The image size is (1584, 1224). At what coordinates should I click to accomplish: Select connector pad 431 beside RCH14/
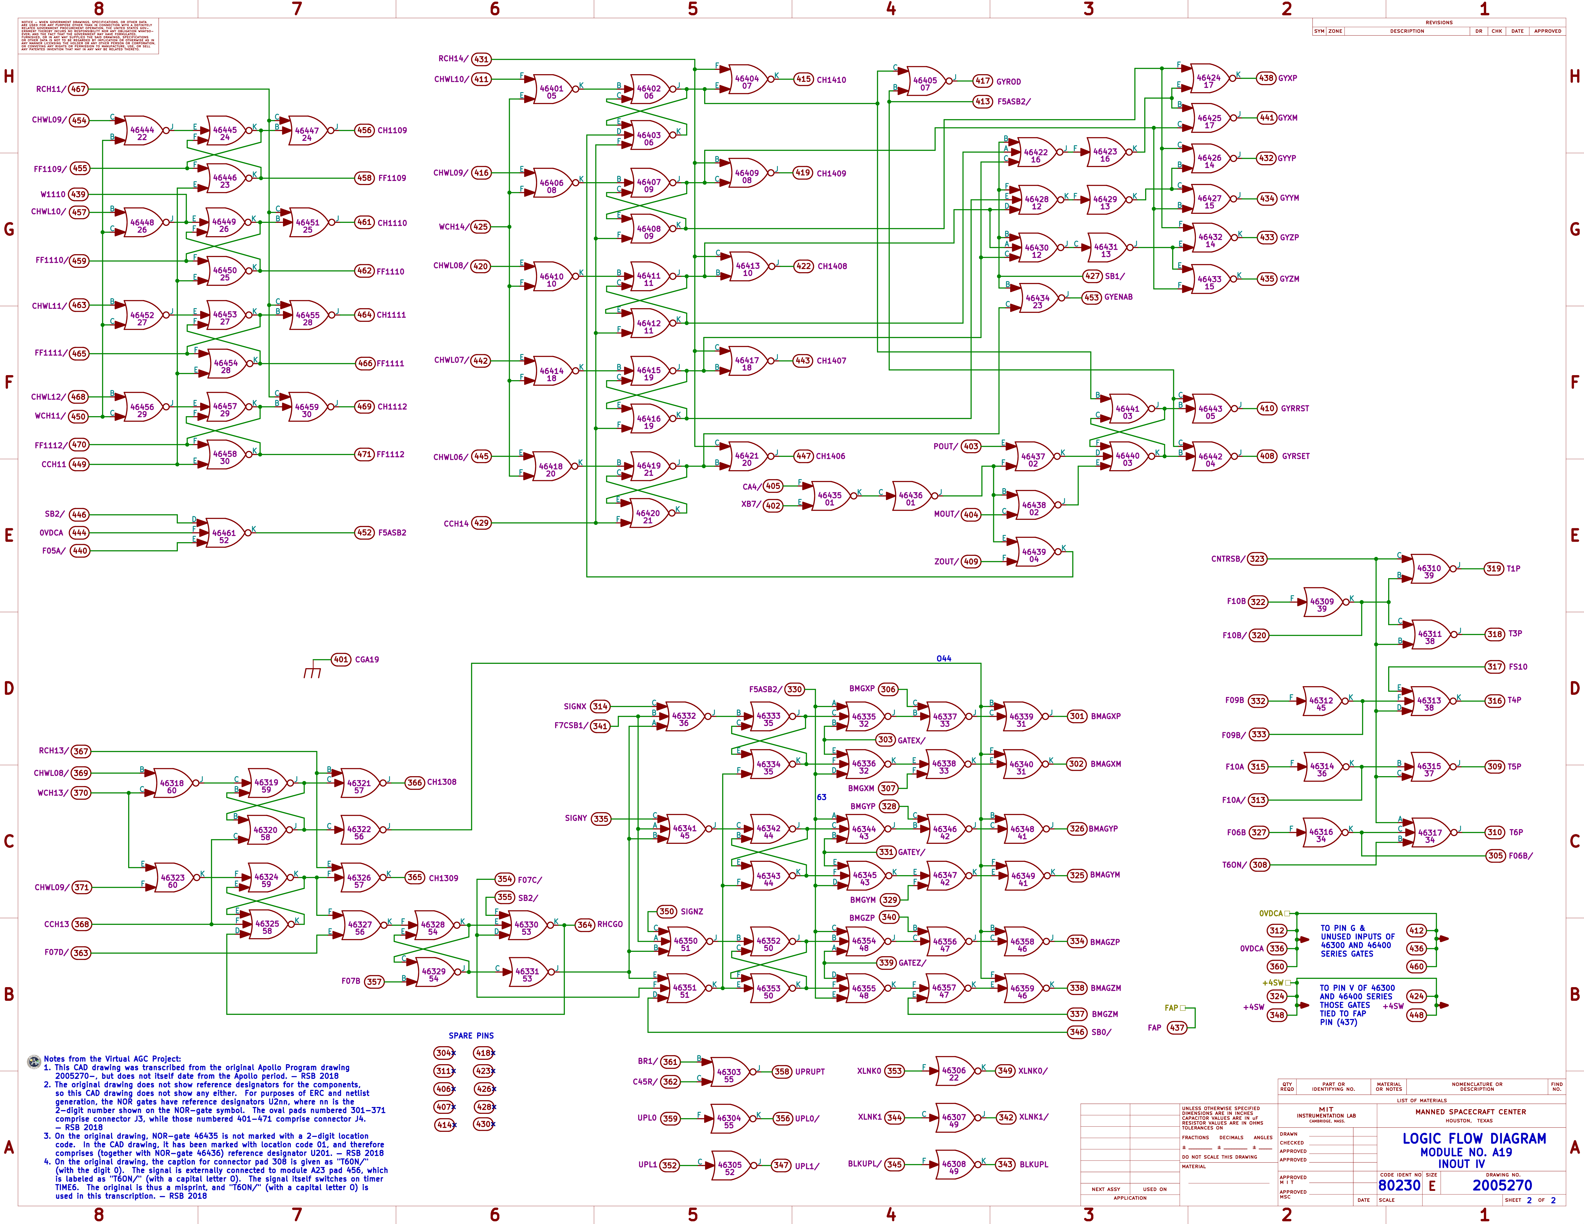(x=481, y=59)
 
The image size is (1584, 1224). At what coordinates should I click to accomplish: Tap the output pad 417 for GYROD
(x=983, y=81)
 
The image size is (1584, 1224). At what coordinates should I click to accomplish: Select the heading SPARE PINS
(x=471, y=1035)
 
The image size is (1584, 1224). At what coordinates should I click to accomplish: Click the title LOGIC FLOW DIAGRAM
(x=1474, y=1139)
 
